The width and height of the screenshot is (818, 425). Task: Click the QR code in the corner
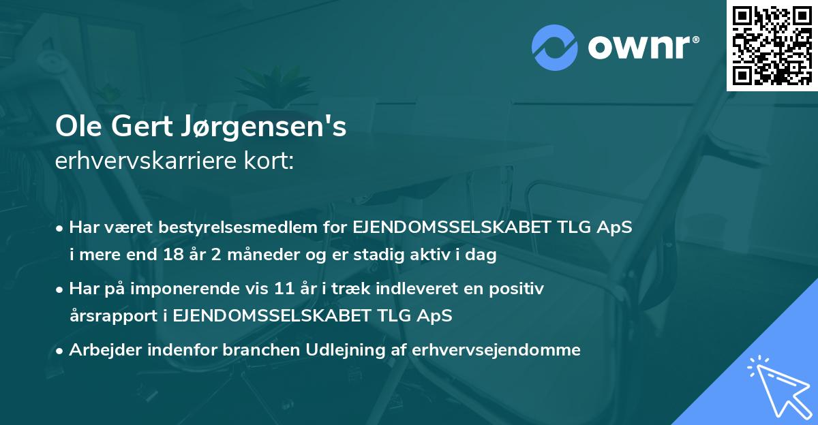(x=772, y=46)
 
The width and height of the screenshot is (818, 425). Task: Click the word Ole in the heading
(x=76, y=127)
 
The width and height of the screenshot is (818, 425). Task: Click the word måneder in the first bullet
(x=245, y=256)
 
